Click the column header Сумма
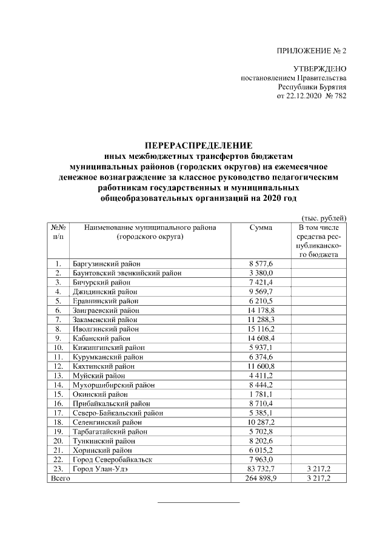coord(261,227)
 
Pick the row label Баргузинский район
coord(106,264)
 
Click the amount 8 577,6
coord(261,264)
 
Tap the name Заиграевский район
coord(106,310)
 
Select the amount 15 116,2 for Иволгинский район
coord(261,328)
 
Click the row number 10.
coord(58,347)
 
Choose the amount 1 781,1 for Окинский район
coord(261,394)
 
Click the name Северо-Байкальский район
coord(118,413)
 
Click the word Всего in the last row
coord(60,478)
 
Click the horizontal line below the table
coord(198,502)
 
